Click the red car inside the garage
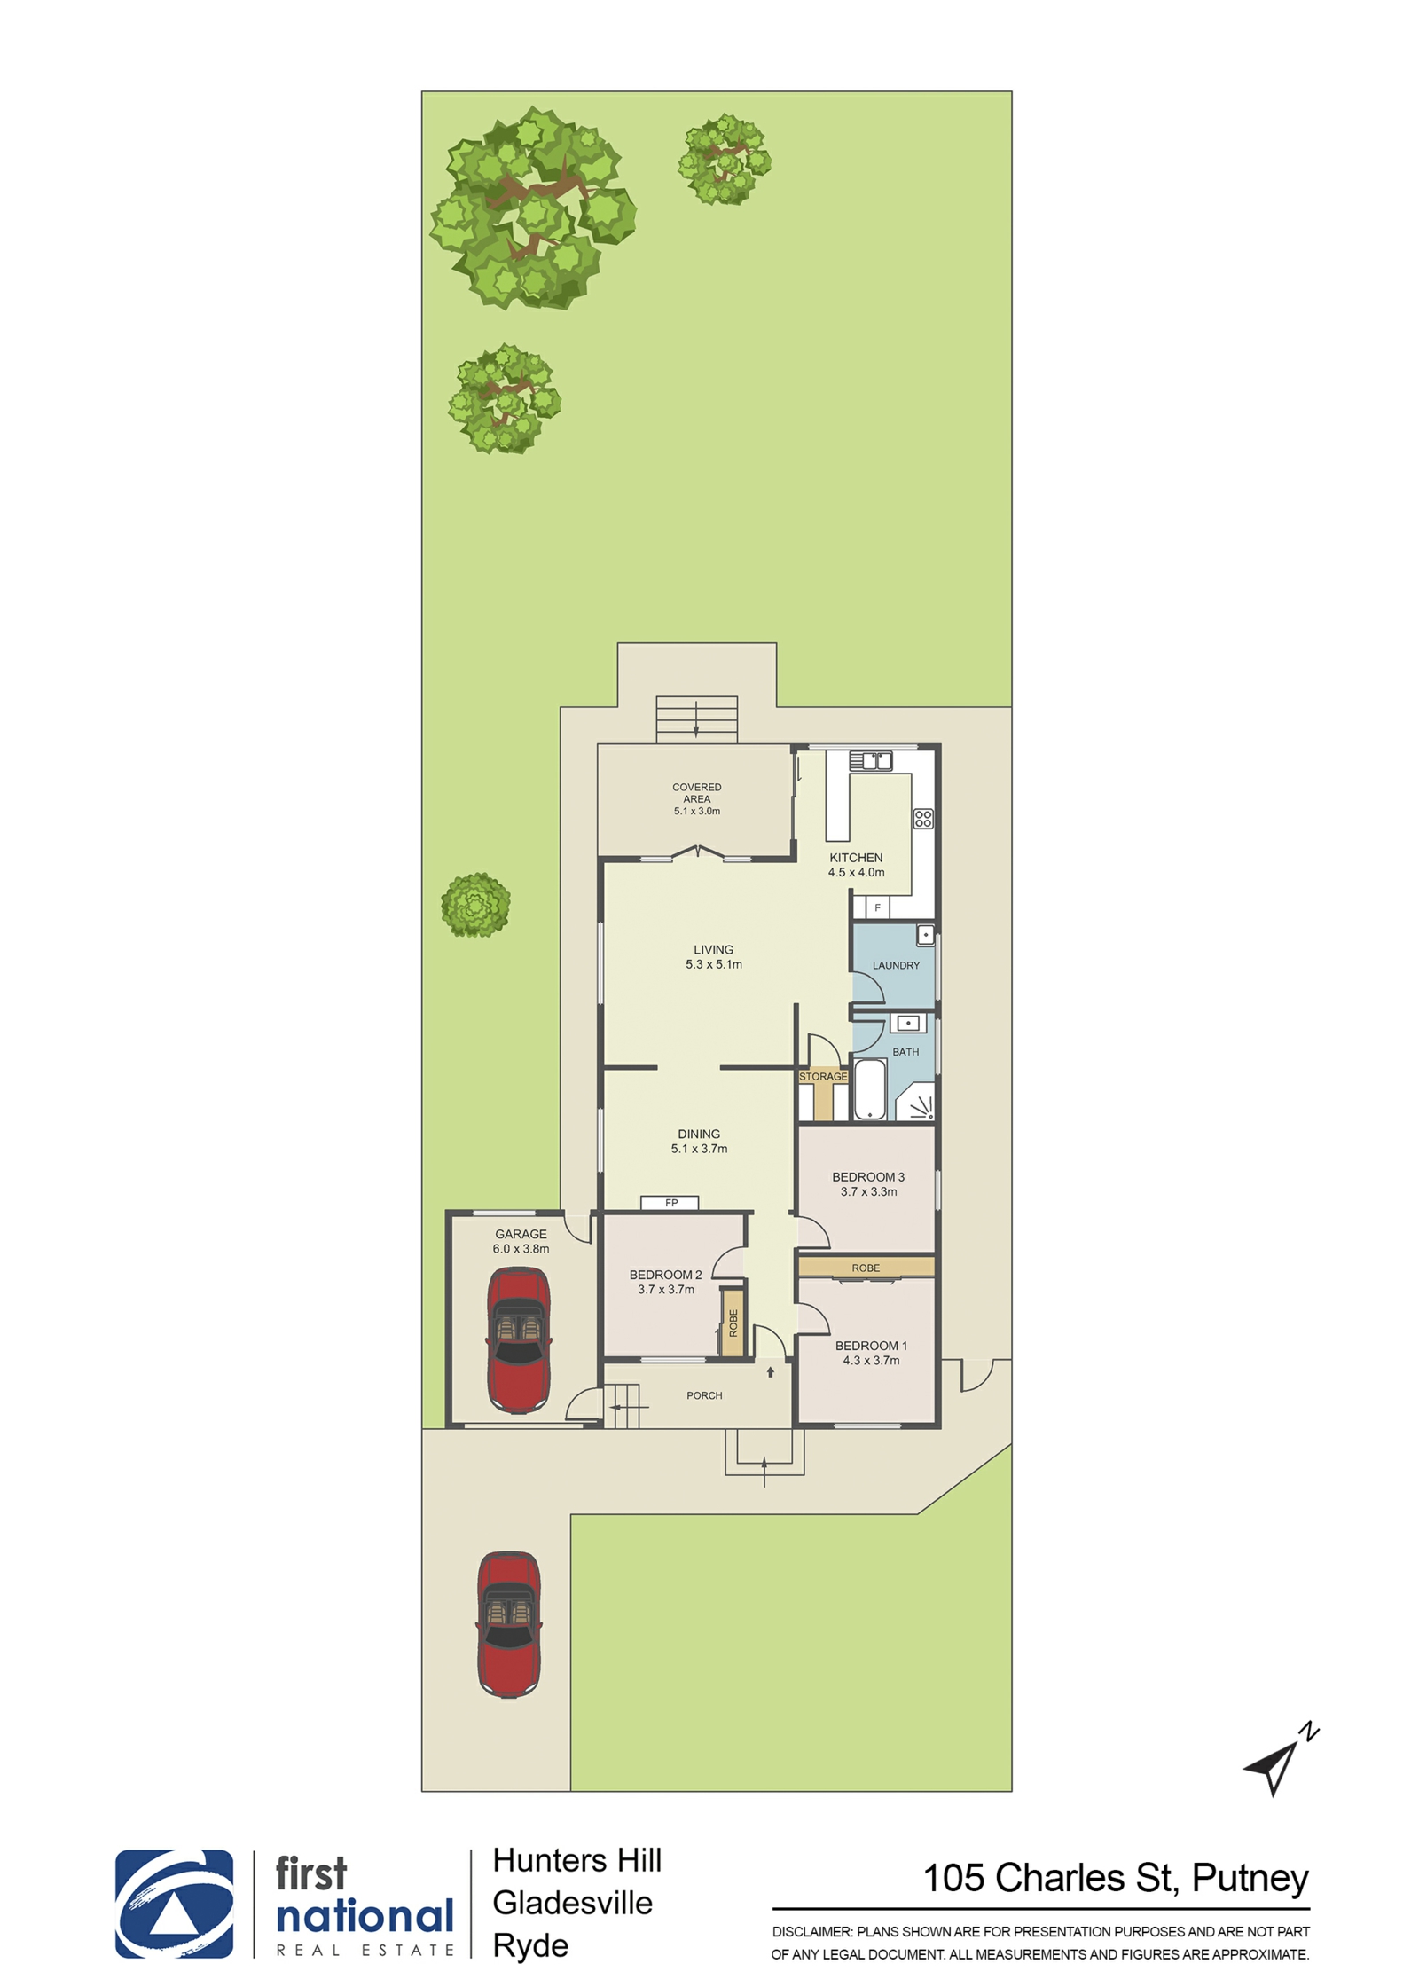click(519, 1340)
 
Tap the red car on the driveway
click(510, 1624)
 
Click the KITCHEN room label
click(856, 858)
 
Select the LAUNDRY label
click(896, 965)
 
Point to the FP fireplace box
click(670, 1203)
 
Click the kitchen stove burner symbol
click(923, 819)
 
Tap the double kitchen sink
click(871, 761)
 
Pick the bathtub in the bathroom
click(870, 1088)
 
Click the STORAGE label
click(823, 1076)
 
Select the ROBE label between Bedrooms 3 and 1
click(866, 1268)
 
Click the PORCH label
click(704, 1395)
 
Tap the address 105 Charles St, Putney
click(1116, 1878)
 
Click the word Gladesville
click(573, 1903)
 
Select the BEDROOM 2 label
click(665, 1275)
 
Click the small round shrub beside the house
click(475, 905)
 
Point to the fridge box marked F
click(877, 907)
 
